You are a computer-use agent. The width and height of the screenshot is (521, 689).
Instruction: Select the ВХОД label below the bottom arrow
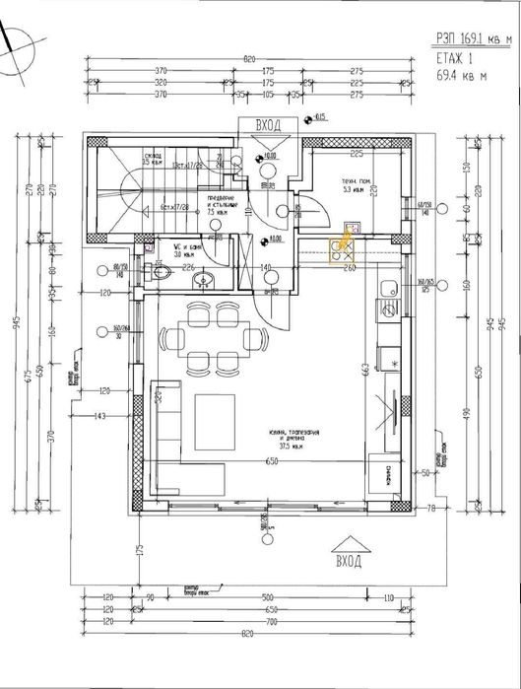(x=347, y=562)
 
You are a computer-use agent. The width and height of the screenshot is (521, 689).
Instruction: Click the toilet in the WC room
(x=160, y=279)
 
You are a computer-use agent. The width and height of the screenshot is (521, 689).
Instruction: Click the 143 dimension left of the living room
(x=101, y=418)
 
